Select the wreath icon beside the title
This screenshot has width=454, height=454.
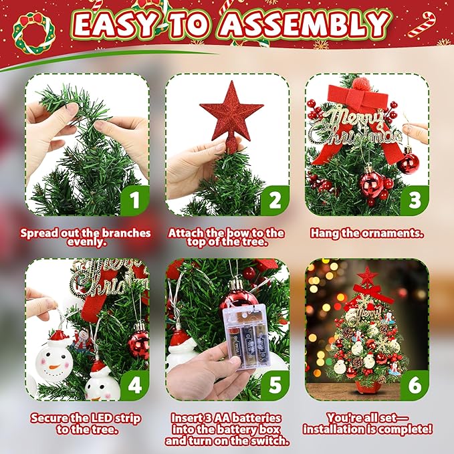tap(34, 30)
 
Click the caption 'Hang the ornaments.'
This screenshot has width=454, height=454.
tap(367, 233)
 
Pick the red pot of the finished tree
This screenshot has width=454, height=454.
tap(367, 387)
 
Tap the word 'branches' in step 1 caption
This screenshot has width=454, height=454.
tap(127, 233)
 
